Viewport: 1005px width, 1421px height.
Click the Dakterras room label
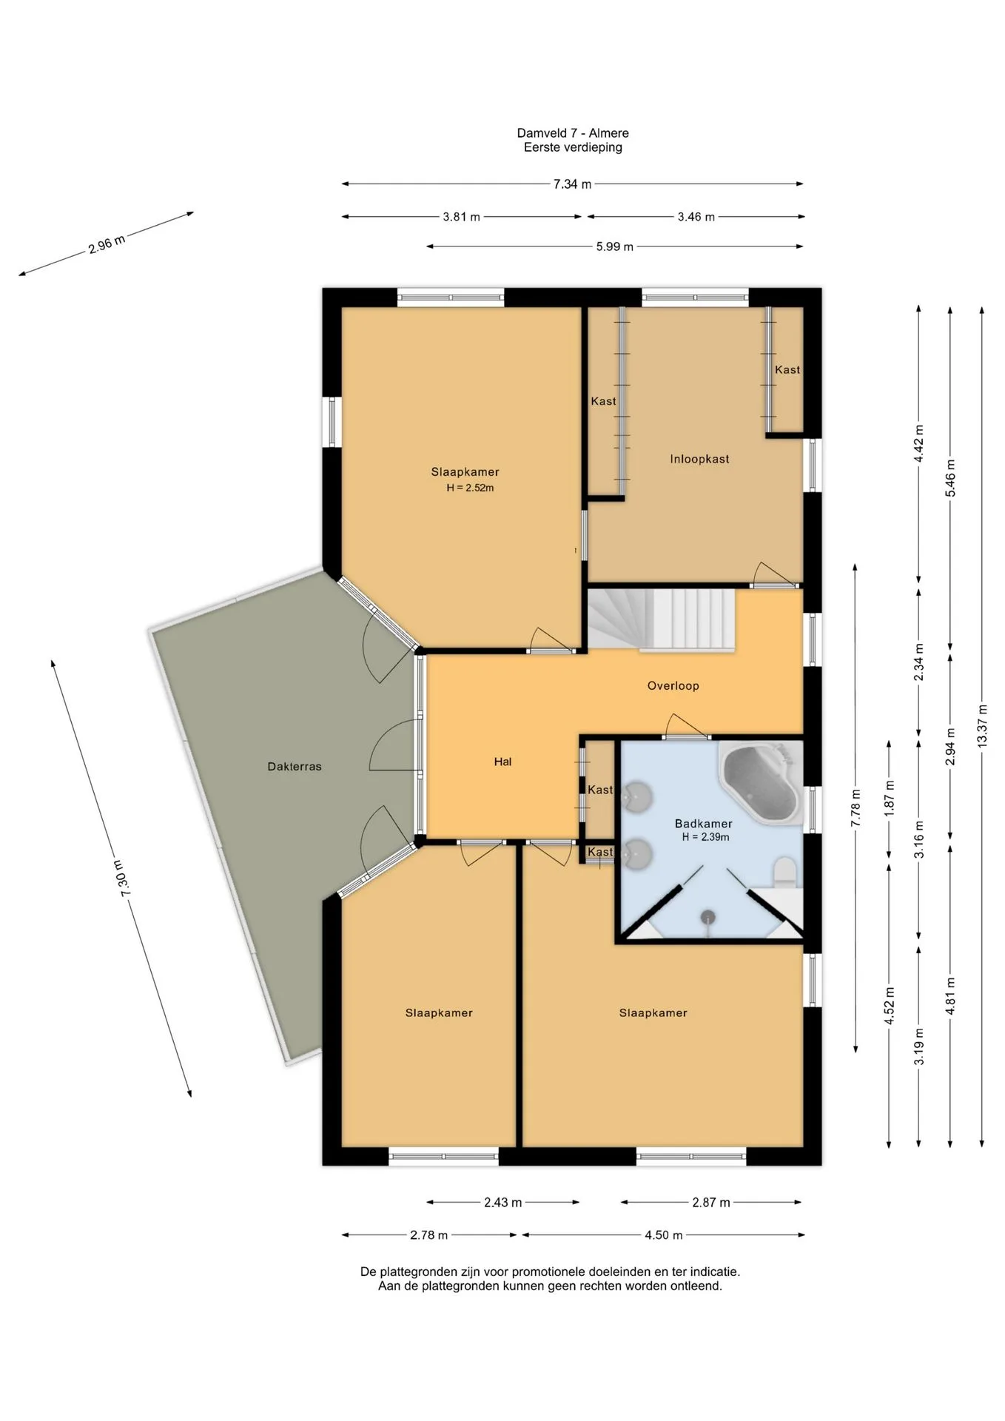(x=295, y=767)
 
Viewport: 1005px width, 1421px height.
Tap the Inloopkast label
(x=699, y=459)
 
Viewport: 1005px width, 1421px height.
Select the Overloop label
(x=673, y=685)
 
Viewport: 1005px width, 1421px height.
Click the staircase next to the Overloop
(x=662, y=620)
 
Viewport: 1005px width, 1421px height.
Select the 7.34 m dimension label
(x=572, y=184)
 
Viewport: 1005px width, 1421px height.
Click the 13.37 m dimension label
(x=982, y=726)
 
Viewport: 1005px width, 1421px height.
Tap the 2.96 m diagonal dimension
(x=107, y=243)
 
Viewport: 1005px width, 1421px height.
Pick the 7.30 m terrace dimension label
(x=124, y=879)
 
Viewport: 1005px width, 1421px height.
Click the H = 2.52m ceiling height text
(x=470, y=488)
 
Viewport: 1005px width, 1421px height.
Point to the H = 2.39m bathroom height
(x=705, y=837)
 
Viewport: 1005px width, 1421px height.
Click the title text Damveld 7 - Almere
(x=573, y=133)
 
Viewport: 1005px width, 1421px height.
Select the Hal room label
(x=502, y=762)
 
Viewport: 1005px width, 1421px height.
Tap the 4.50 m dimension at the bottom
(x=663, y=1234)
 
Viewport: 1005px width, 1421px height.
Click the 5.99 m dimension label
(x=614, y=246)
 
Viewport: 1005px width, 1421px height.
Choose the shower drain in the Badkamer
(x=709, y=916)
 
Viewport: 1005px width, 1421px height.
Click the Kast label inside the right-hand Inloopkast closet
(x=787, y=369)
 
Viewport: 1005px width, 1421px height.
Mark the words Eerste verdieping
(x=573, y=147)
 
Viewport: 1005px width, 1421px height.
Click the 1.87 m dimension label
(x=890, y=796)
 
